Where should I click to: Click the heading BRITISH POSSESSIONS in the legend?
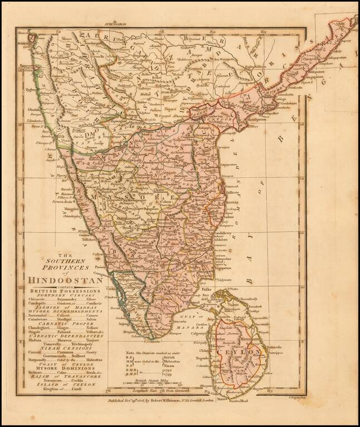tap(65, 291)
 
